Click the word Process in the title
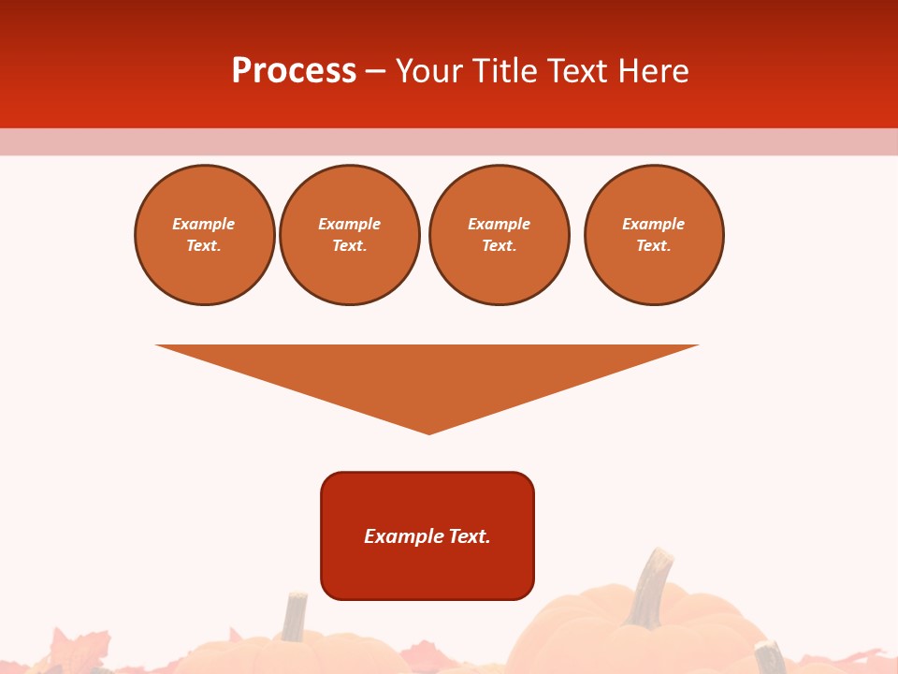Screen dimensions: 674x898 click(294, 71)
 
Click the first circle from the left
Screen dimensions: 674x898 click(205, 235)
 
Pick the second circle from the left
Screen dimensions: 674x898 click(350, 235)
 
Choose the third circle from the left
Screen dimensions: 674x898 click(500, 235)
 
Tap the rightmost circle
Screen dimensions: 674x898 click(654, 235)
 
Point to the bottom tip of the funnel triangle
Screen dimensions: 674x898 click(428, 432)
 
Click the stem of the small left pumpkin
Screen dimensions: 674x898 click(296, 616)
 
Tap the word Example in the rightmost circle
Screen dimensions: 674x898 click(654, 224)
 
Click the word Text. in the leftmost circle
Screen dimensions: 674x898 click(204, 246)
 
